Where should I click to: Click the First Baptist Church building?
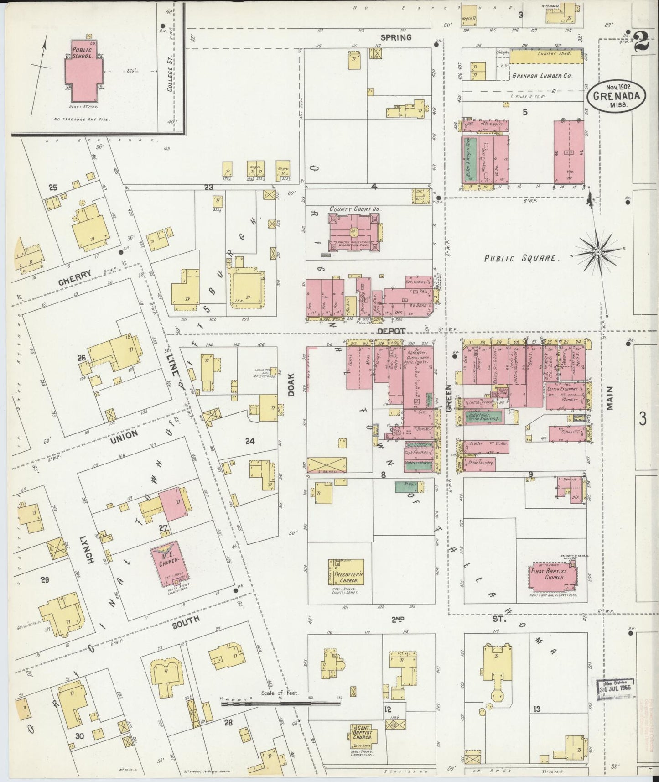[551, 575]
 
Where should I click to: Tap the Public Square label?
[521, 258]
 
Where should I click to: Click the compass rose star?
[597, 252]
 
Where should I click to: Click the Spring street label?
[396, 37]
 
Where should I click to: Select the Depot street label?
[392, 331]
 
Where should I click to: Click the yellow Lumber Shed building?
[546, 57]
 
